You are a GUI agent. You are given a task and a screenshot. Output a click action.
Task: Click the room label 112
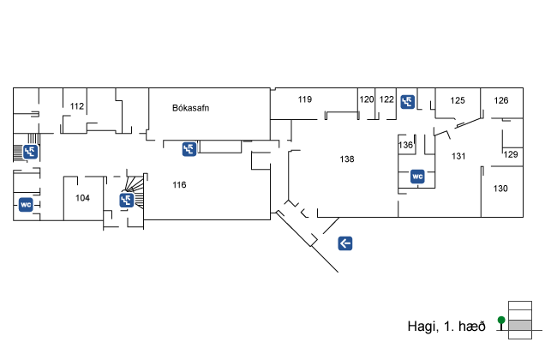[x=77, y=106]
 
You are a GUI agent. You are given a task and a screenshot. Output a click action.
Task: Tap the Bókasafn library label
[x=191, y=108]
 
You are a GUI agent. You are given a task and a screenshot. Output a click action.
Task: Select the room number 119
[x=305, y=99]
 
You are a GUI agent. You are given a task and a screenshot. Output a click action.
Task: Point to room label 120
[x=367, y=99]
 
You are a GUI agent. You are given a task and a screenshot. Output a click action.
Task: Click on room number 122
[x=386, y=99]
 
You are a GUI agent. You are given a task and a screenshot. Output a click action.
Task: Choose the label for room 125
[x=458, y=100]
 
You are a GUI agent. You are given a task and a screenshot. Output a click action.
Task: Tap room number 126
[x=501, y=100]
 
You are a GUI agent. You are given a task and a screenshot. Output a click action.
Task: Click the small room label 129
[x=511, y=154]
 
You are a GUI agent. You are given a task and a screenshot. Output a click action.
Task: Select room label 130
[x=500, y=189]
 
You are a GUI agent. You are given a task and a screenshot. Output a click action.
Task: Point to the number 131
[x=458, y=155]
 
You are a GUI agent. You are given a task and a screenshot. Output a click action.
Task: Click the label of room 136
[x=406, y=145]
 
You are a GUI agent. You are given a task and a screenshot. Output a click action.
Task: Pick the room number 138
[x=347, y=159]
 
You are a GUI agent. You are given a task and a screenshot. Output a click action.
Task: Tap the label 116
[x=179, y=184]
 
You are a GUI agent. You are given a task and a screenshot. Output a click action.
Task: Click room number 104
[x=82, y=198]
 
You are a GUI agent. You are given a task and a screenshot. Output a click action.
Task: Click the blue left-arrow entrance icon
[x=345, y=243]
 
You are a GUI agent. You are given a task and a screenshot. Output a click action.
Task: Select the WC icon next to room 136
[x=418, y=177]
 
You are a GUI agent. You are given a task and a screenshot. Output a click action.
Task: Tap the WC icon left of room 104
[x=26, y=204]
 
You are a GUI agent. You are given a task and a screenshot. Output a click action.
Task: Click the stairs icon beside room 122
[x=408, y=100]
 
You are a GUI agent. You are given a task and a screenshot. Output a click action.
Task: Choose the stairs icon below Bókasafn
[x=189, y=149]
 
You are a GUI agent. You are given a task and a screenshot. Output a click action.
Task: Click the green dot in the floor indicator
[x=501, y=321]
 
